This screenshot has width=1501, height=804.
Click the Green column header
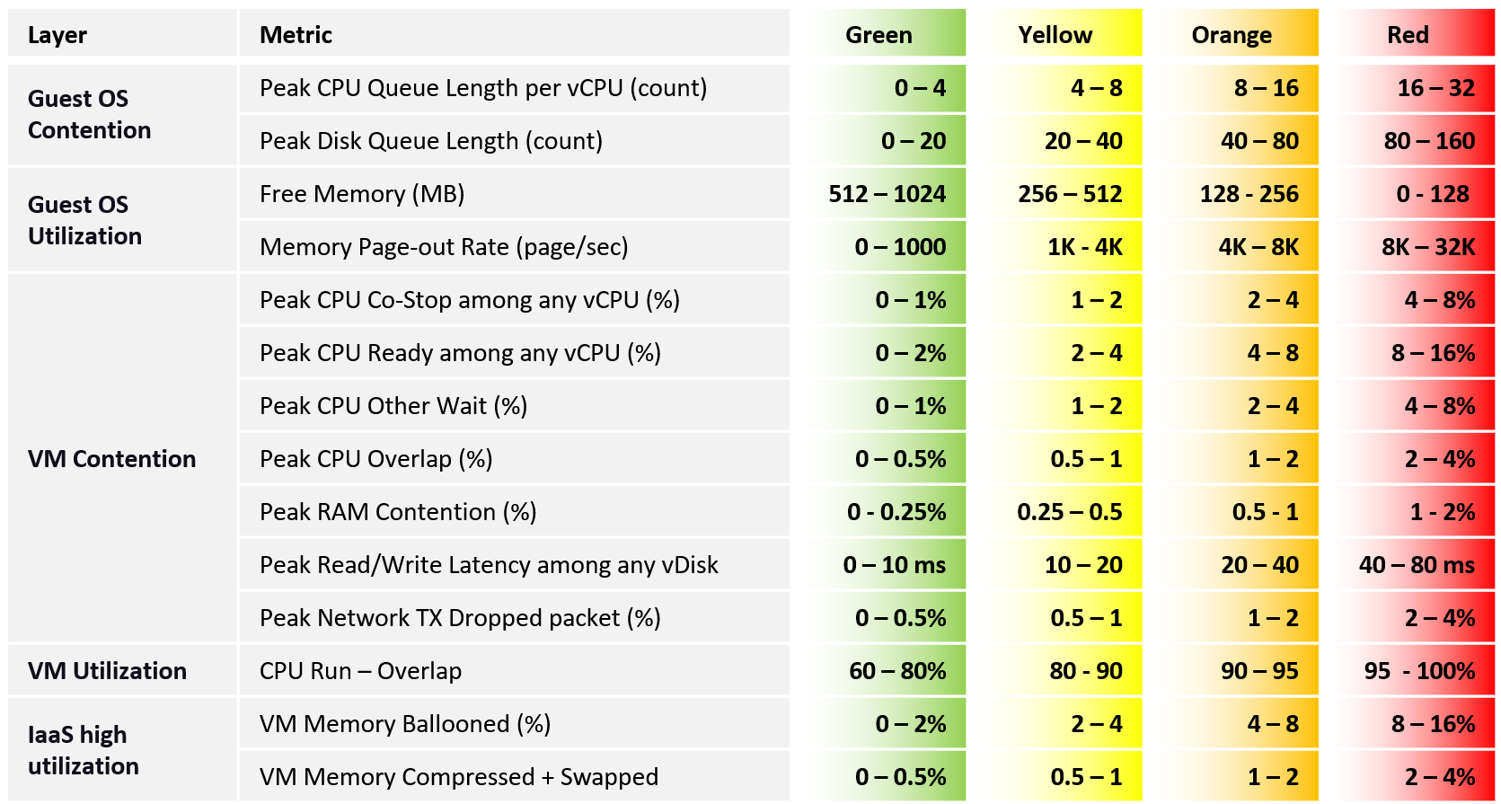point(879,35)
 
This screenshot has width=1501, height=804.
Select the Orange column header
point(1231,35)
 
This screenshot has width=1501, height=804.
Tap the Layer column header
point(57,35)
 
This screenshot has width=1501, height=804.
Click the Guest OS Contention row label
point(89,114)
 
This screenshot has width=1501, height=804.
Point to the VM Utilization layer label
point(107,671)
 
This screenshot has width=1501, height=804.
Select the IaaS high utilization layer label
point(84,750)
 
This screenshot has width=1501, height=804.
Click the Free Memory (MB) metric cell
point(362,194)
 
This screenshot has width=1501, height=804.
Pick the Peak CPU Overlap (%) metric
point(375,459)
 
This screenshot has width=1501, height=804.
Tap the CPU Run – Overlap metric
point(360,671)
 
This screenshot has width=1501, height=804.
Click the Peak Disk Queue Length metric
point(431,141)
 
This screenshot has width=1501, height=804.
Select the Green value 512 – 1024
point(887,194)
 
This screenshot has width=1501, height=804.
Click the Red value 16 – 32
point(1436,88)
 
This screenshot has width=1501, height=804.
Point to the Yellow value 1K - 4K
point(1085,246)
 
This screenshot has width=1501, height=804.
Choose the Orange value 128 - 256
point(1249,194)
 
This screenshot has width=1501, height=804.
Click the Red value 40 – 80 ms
point(1417,565)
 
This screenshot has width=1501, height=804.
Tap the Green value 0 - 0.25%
point(896,512)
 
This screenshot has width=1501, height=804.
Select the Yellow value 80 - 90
point(1085,671)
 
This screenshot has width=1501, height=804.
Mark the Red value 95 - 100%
point(1419,671)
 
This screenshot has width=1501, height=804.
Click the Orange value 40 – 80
point(1259,141)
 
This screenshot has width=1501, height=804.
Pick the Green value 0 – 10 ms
point(895,565)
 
